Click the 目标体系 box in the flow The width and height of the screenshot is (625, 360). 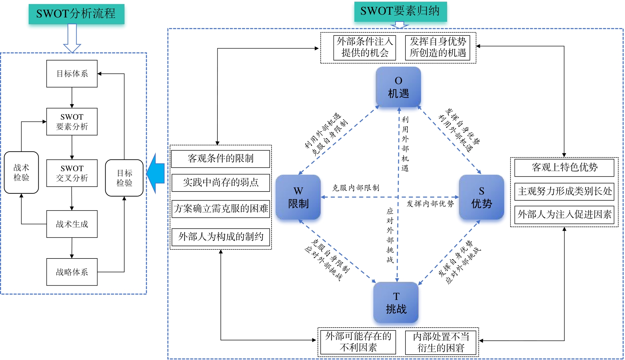click(x=72, y=74)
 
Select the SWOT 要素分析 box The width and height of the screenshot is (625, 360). click(x=72, y=122)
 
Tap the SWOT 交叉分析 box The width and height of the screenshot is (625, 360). click(x=72, y=173)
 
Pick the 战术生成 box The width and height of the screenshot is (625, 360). click(x=72, y=224)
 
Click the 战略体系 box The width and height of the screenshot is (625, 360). click(x=72, y=272)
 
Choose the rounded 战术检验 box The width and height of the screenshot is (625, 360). click(x=21, y=173)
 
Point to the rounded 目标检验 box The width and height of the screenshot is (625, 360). click(x=124, y=178)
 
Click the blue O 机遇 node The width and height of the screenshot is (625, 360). click(x=398, y=87)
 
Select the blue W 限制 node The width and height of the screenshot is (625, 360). click(x=298, y=197)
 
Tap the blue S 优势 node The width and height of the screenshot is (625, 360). click(x=481, y=197)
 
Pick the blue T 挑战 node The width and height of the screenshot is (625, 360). click(x=396, y=303)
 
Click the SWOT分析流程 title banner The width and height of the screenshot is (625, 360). click(x=76, y=14)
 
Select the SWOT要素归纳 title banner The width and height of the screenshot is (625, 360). click(x=400, y=12)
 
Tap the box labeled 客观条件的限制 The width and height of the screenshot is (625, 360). click(x=220, y=159)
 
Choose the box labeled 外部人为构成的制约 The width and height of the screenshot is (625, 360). click(x=221, y=237)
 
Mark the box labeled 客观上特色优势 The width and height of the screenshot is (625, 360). click(x=564, y=168)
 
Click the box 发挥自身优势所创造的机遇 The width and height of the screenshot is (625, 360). click(x=438, y=48)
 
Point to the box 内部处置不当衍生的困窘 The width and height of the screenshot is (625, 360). click(x=441, y=342)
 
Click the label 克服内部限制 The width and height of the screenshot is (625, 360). click(x=356, y=188)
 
